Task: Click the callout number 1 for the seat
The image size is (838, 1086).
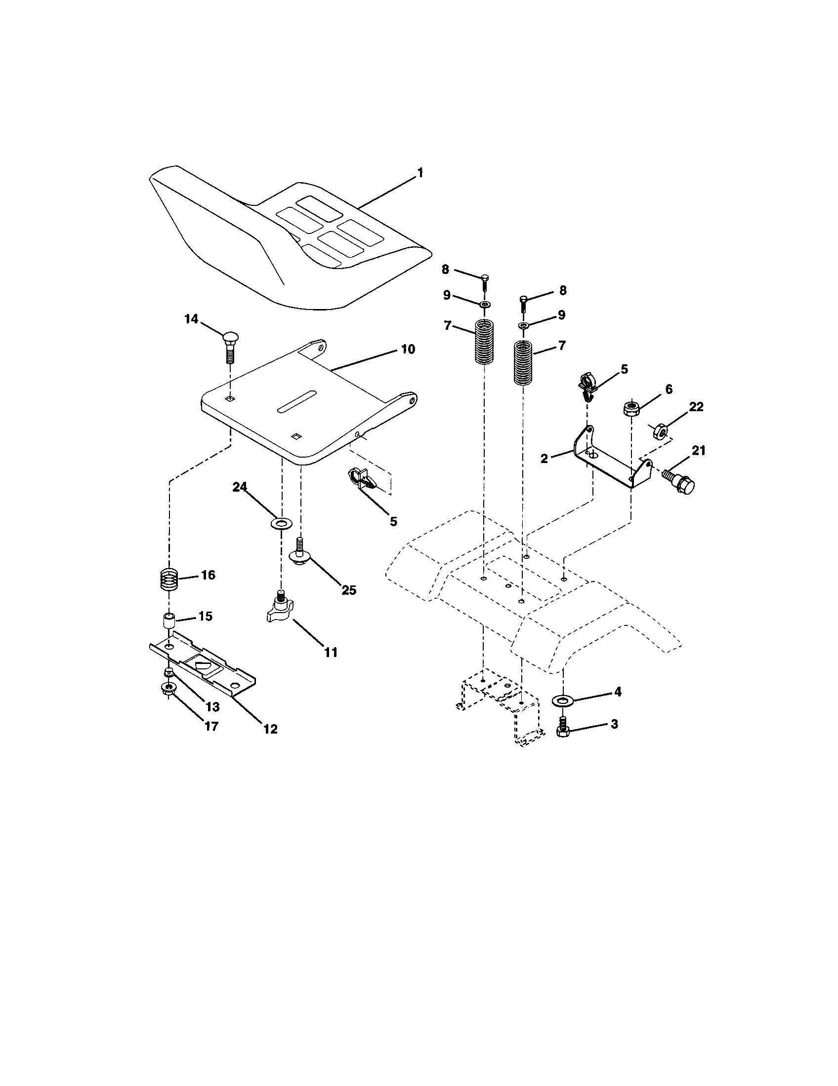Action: click(x=419, y=173)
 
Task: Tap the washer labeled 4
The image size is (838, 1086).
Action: click(x=563, y=700)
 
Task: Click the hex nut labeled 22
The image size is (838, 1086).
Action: click(x=659, y=430)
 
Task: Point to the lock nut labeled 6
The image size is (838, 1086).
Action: click(x=631, y=409)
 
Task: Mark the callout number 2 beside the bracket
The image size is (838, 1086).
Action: click(x=544, y=459)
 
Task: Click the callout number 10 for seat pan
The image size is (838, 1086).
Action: click(x=408, y=349)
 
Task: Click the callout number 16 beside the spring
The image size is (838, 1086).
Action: click(x=208, y=575)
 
